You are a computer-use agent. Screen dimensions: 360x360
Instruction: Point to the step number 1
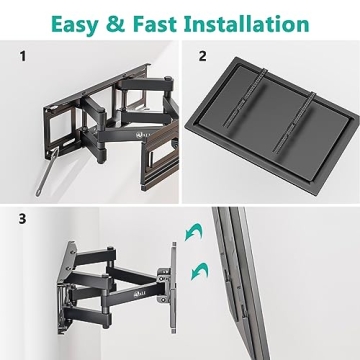tap(19, 57)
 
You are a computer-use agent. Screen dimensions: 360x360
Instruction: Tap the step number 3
tap(19, 215)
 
